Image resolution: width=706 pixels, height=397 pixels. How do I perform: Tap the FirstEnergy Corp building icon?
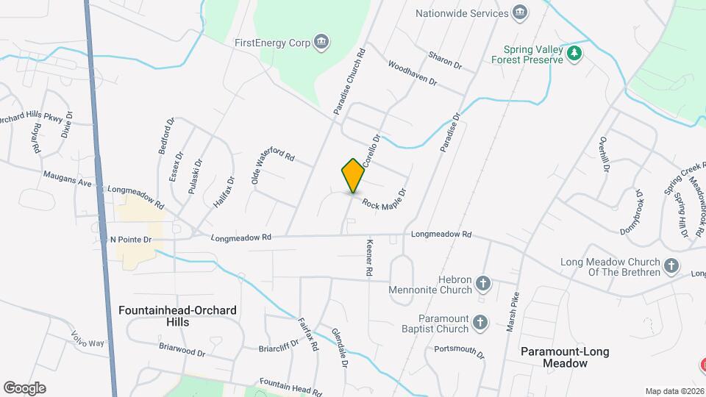coord(321,42)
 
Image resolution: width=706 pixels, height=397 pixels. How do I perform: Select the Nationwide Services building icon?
coord(520,12)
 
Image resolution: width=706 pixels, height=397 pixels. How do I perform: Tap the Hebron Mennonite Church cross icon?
coord(483,283)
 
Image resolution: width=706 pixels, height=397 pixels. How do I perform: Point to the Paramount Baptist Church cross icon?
coord(479,322)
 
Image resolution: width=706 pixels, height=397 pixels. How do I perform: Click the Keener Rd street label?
coord(368,257)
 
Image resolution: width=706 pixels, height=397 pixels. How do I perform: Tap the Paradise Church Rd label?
coord(349,81)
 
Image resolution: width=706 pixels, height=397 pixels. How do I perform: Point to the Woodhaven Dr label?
coord(412,73)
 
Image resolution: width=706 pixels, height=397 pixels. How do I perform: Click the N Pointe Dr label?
coord(130,240)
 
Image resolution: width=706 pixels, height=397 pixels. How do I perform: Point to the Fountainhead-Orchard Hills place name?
coord(177,316)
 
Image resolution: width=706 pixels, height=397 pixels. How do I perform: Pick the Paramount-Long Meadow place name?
coord(565,357)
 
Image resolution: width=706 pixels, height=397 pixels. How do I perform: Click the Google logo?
coord(24,387)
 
